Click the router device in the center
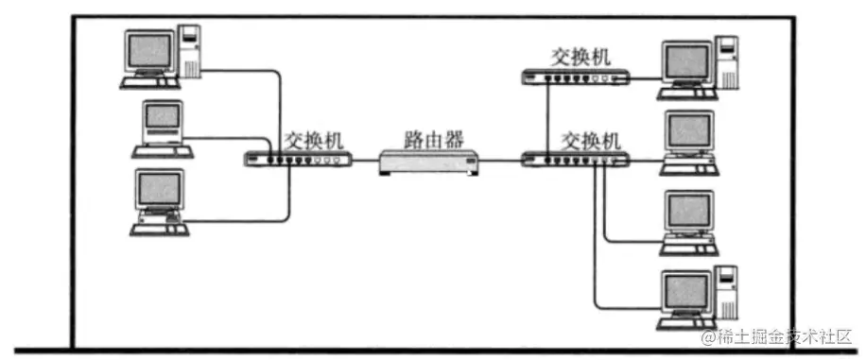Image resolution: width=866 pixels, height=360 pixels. click(x=431, y=163)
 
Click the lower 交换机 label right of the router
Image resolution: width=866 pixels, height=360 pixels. click(x=592, y=142)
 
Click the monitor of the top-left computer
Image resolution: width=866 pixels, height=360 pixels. click(x=151, y=53)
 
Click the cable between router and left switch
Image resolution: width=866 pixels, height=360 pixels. click(x=365, y=162)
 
